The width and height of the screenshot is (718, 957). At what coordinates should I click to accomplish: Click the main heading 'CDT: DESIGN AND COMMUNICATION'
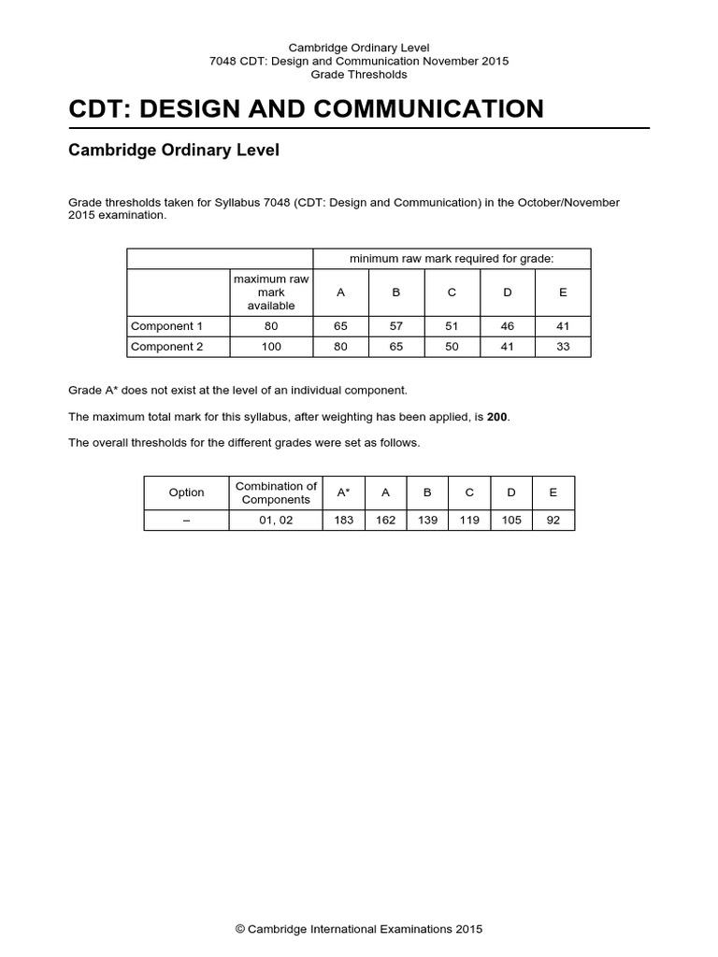tap(306, 108)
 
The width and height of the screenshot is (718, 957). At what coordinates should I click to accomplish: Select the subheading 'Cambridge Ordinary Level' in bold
tap(174, 150)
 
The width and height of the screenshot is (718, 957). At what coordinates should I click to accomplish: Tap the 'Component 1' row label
tap(166, 326)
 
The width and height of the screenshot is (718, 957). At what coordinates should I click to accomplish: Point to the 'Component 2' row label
tap(166, 346)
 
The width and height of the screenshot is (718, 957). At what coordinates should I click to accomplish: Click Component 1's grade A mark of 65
tap(340, 326)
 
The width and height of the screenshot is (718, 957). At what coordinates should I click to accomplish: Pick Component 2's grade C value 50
tap(452, 346)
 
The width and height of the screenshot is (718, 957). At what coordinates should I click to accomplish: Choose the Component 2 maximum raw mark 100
tap(271, 346)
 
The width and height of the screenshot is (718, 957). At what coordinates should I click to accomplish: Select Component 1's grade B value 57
tap(395, 326)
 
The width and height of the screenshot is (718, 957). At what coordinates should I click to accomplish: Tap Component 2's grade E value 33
tap(563, 346)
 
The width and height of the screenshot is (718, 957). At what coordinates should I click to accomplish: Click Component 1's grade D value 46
tap(508, 326)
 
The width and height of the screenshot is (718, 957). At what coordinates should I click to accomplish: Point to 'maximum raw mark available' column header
tap(271, 293)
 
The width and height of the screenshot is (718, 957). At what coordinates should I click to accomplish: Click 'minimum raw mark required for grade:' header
tap(452, 259)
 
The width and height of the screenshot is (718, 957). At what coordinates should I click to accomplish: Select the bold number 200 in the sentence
tap(497, 416)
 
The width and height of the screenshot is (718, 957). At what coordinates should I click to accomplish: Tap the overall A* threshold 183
tap(344, 521)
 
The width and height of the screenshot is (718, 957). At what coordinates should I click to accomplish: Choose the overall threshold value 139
tap(427, 521)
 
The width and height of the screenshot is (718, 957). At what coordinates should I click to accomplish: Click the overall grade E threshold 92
tap(553, 521)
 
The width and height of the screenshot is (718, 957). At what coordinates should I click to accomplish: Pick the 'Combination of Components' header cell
tap(276, 493)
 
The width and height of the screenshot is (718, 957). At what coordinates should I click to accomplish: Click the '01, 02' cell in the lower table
tap(276, 521)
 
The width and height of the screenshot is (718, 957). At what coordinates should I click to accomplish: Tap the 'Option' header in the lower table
tap(186, 493)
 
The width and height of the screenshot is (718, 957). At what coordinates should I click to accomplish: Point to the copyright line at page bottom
tap(359, 930)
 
